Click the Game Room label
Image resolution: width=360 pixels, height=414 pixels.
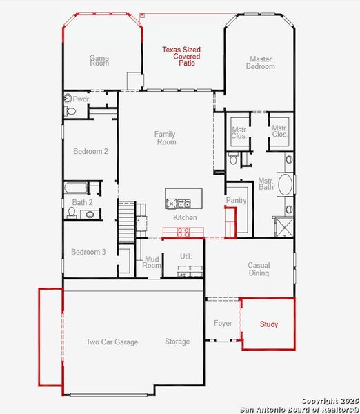click(99, 60)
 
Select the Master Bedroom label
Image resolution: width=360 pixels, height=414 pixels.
click(261, 63)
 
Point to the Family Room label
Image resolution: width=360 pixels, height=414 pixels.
click(165, 138)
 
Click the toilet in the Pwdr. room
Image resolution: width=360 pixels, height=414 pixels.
click(70, 110)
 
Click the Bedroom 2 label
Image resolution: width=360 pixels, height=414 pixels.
click(90, 151)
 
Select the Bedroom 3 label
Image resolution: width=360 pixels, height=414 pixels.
click(88, 252)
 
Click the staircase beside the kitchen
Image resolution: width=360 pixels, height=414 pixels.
click(126, 221)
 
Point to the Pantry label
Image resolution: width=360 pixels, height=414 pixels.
click(236, 200)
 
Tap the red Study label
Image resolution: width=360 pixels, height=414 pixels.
click(269, 324)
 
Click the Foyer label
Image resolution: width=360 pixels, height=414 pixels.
click(223, 323)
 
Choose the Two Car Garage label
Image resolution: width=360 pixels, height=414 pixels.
click(112, 342)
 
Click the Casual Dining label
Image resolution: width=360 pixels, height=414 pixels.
click(259, 269)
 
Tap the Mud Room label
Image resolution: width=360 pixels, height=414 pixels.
click(152, 262)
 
